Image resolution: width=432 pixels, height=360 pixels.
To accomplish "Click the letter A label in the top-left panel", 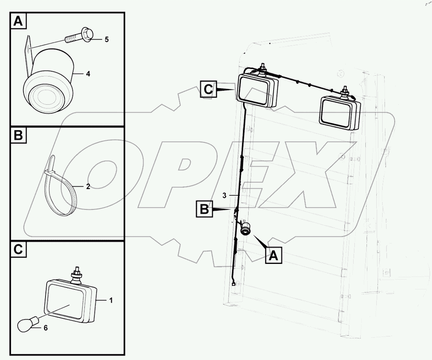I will pos(18,22).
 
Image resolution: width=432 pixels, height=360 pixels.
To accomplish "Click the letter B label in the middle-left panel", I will pos(18,136).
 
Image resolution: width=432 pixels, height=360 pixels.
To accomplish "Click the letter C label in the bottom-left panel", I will pos(18,249).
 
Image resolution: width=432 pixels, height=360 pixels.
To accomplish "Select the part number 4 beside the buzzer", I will pos(88,74).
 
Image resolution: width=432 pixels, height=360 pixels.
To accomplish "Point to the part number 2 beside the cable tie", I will pos(88,187).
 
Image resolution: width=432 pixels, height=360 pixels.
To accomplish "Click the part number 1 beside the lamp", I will pos(111,301).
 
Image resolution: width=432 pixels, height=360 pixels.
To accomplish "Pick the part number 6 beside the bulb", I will pos(45,328).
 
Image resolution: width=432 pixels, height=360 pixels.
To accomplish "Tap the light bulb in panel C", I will pos(27,324).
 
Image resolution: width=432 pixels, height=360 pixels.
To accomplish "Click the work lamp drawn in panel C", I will pos(71,300).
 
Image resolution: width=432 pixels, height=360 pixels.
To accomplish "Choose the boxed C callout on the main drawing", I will pos(209,89).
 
